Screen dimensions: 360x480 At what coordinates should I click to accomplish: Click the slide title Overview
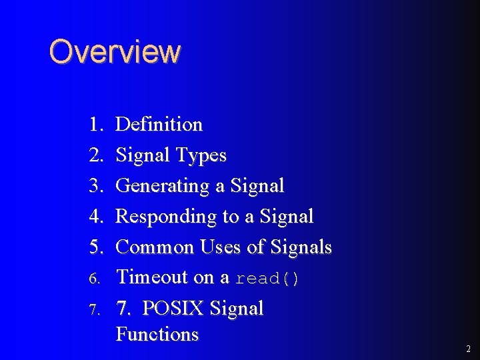pyautogui.click(x=114, y=52)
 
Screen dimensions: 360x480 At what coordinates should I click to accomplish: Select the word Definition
pyautogui.click(x=159, y=125)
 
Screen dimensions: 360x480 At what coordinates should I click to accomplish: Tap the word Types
pyautogui.click(x=201, y=156)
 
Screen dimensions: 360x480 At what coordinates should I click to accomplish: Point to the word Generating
pyautogui.click(x=163, y=186)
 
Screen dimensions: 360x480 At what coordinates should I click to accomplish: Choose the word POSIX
pyautogui.click(x=173, y=309)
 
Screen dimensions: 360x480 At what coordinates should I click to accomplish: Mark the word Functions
pyautogui.click(x=157, y=334)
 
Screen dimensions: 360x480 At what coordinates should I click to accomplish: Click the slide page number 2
pyautogui.click(x=469, y=349)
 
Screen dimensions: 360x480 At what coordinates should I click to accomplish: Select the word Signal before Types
pyautogui.click(x=143, y=156)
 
